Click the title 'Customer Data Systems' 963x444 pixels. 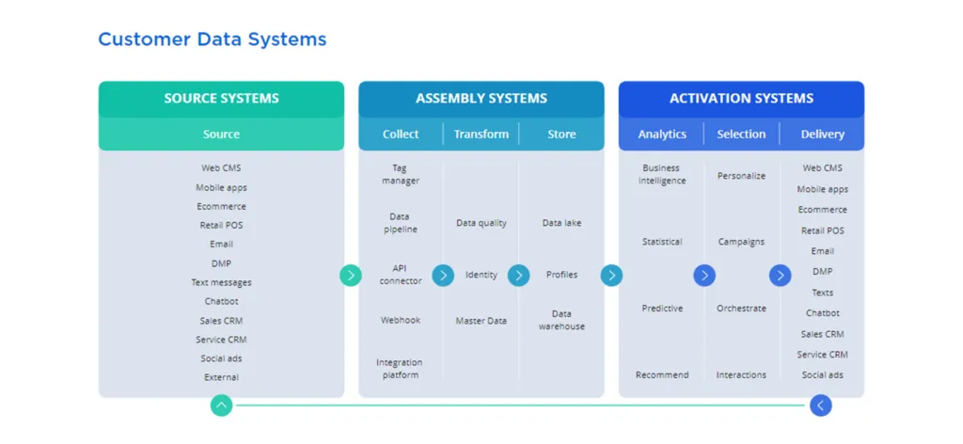pos(213,40)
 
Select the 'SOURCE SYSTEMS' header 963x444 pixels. pos(221,99)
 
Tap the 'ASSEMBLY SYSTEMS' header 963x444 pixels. pos(481,99)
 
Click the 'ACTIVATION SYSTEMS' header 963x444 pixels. pos(741,99)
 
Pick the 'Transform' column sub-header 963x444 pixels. pos(481,135)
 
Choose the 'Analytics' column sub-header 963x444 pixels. pos(662,135)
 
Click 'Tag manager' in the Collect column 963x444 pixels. pos(400,174)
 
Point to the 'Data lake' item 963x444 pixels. pos(561,223)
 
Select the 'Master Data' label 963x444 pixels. pos(481,321)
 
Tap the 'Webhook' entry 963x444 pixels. pos(400,320)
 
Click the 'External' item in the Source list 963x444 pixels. pos(221,377)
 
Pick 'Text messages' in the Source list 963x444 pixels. pos(221,282)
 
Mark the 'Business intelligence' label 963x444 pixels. pos(662,174)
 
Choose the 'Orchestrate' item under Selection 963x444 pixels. pos(741,309)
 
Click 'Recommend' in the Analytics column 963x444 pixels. pos(662,375)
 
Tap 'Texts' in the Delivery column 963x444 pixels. pos(822,293)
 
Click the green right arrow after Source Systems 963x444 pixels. pos(351,276)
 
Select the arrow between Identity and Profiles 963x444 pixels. pos(518,276)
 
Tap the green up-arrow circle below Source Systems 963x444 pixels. pos(221,405)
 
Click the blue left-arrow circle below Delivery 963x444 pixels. pos(820,405)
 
